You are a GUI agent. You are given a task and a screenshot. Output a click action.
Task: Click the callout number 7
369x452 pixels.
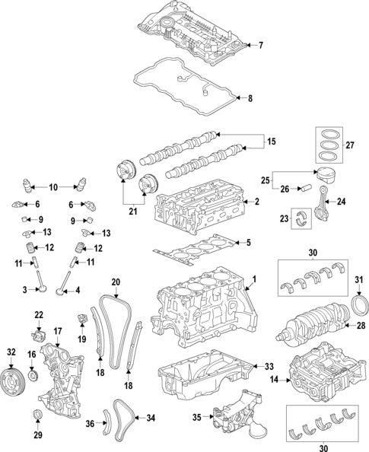point(260,46)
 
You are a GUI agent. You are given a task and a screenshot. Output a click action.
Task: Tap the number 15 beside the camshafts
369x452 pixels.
point(269,142)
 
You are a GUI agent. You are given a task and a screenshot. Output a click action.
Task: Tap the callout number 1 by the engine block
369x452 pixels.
point(254,279)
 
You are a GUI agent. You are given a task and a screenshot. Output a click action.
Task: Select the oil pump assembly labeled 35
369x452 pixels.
point(236,415)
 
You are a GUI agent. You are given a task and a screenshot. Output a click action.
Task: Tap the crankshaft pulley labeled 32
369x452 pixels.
point(11,379)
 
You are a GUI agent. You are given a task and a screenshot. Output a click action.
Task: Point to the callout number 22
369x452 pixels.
point(39,315)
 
